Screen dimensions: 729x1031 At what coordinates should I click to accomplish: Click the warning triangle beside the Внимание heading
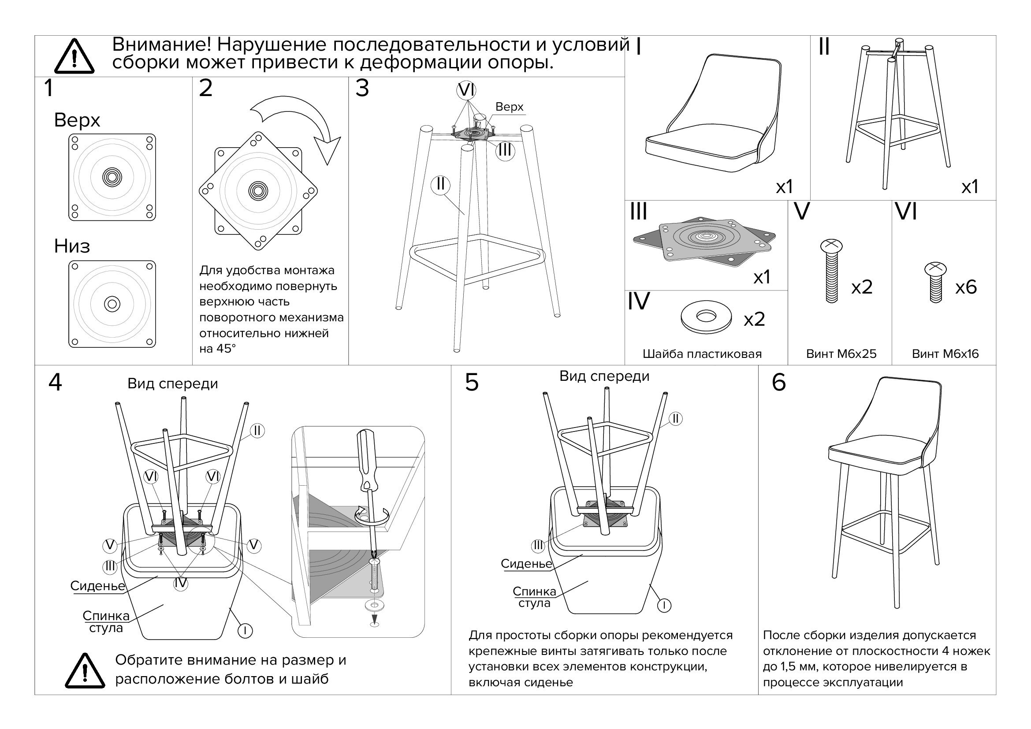[x=74, y=57]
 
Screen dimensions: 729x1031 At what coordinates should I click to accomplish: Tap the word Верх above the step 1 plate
[x=77, y=120]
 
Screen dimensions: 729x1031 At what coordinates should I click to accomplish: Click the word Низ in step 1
[x=72, y=246]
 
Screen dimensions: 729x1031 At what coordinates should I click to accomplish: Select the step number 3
[x=362, y=89]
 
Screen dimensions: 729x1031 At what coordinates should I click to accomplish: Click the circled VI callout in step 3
[x=466, y=90]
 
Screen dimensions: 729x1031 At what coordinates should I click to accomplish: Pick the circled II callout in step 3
[x=440, y=184]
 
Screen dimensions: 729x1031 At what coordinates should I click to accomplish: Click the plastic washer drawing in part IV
[x=705, y=316]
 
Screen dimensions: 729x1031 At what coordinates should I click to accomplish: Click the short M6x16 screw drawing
[x=935, y=282]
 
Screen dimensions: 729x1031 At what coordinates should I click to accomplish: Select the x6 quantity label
[x=966, y=287]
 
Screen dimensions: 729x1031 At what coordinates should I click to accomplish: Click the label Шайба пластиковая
[x=702, y=354]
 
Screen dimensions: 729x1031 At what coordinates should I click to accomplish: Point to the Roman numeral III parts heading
[x=639, y=212]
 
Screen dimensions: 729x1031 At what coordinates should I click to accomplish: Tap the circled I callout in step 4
[x=245, y=631]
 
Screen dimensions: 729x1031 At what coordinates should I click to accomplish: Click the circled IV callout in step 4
[x=181, y=584]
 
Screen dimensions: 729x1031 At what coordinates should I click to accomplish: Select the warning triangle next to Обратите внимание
[x=85, y=671]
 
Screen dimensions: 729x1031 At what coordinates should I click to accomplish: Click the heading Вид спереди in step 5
[x=604, y=376]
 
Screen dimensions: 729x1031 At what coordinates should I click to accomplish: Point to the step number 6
[x=778, y=383]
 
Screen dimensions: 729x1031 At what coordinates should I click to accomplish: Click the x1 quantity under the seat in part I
[x=785, y=186]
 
